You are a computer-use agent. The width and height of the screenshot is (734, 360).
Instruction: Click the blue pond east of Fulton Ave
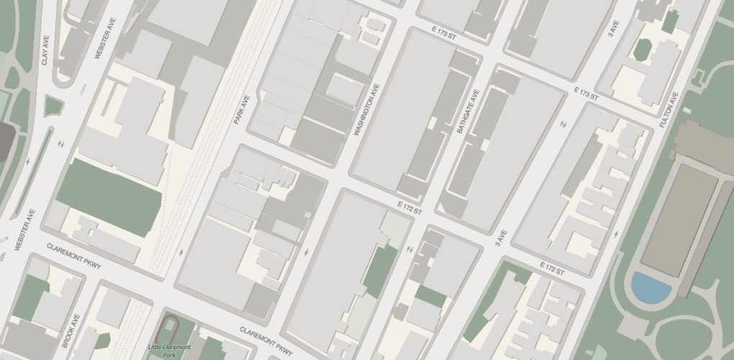(x=651, y=287)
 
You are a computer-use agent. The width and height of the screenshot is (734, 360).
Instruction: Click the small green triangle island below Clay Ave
(x=53, y=106)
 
